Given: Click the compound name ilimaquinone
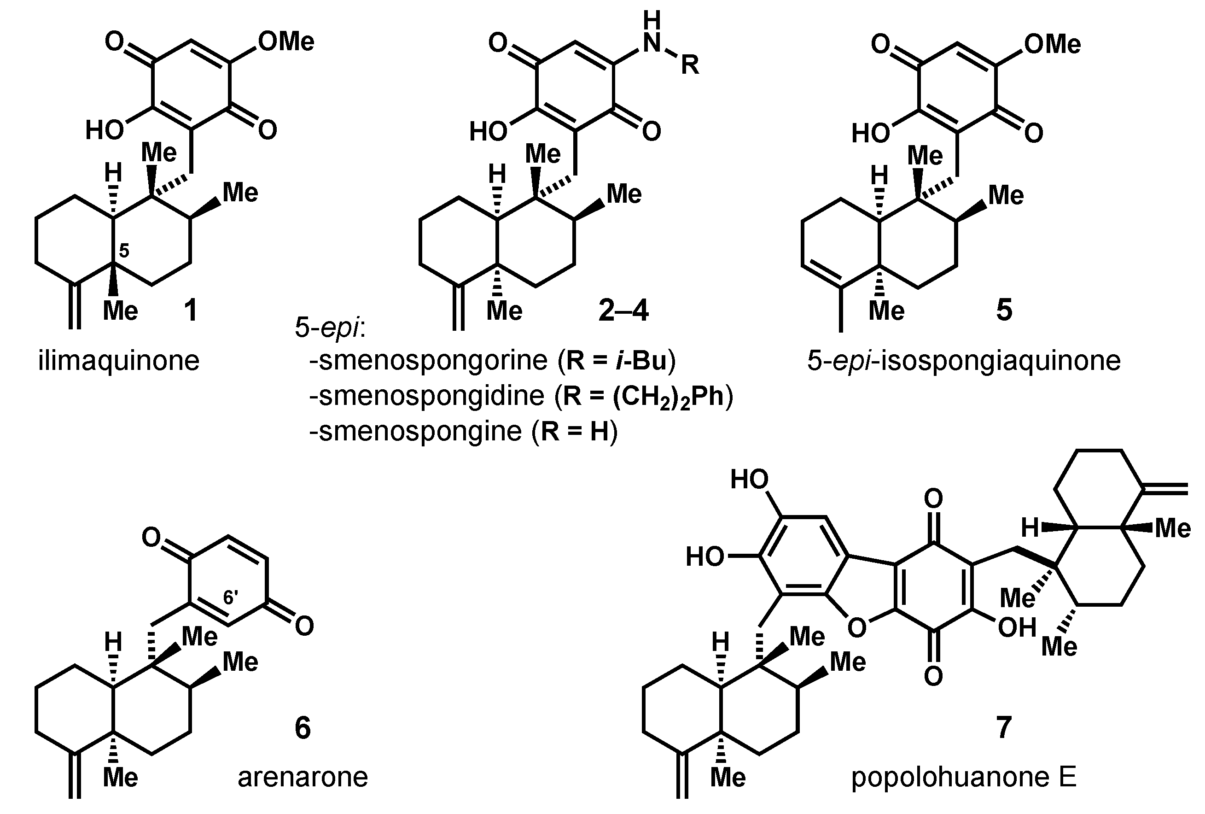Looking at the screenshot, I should tap(119, 360).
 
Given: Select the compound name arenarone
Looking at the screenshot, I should tap(303, 777).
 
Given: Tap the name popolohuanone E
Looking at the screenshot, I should tap(964, 777).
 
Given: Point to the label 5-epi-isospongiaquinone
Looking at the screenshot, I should tap(964, 360).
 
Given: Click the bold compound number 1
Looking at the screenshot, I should tap(191, 310).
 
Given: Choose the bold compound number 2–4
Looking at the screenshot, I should tap(623, 310).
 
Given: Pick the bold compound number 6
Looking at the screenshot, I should tap(303, 727).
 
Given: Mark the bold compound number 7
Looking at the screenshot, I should tap(1003, 727).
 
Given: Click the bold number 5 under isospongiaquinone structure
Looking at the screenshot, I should tap(1004, 310).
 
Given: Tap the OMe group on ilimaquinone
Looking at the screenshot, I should tap(286, 41).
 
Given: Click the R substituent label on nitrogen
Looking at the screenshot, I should tap(690, 66).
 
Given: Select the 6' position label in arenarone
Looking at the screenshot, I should tap(231, 597).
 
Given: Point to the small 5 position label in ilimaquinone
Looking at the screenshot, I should tap(124, 251).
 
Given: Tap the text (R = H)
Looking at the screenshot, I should tap(575, 431).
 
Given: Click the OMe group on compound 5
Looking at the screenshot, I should tap(1053, 44).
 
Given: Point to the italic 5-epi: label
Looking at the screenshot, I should tap(330, 328).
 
